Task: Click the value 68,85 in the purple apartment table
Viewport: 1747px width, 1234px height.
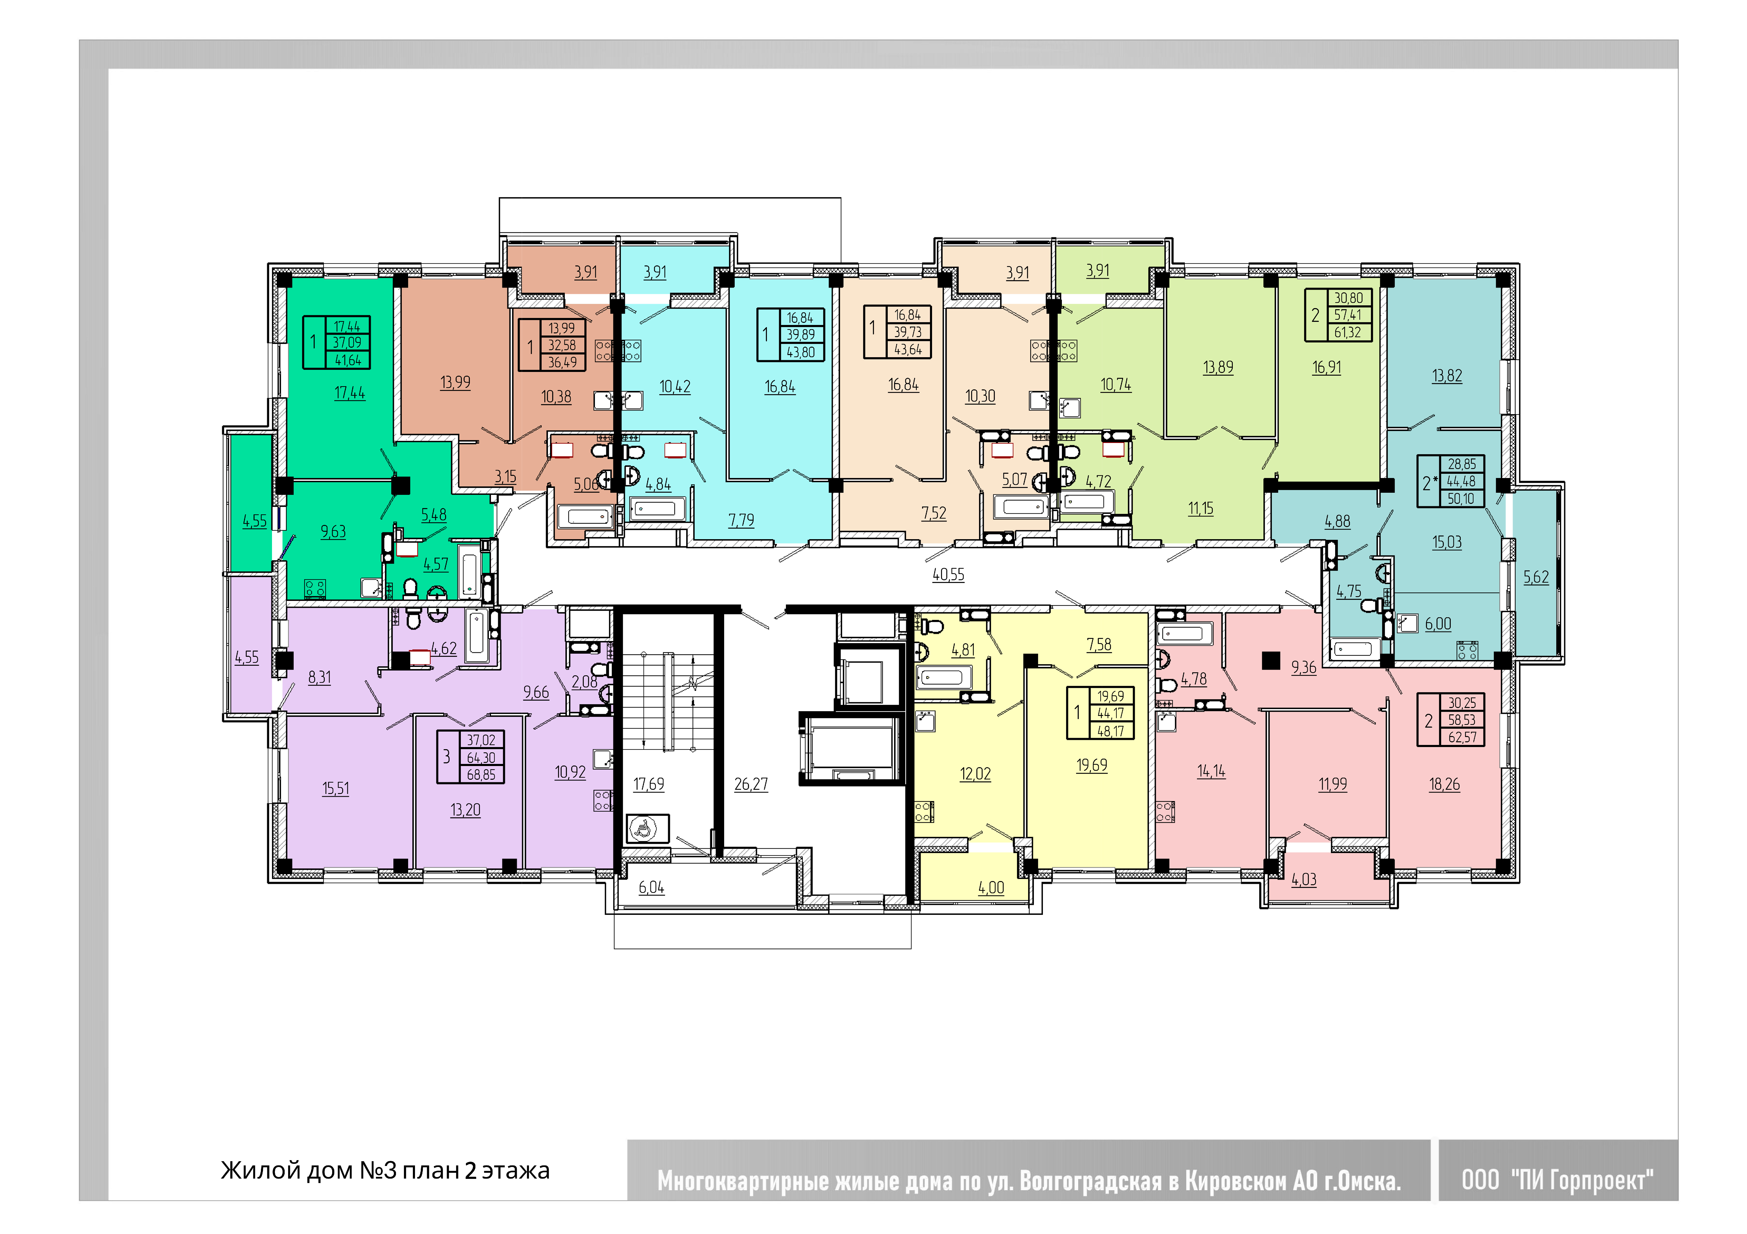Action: tap(481, 774)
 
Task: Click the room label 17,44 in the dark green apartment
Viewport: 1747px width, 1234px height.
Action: tap(349, 393)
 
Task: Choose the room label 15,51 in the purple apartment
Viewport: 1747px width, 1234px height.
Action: tap(336, 788)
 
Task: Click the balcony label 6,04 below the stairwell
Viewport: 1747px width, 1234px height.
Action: tap(651, 887)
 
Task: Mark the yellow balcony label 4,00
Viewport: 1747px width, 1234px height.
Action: tap(991, 887)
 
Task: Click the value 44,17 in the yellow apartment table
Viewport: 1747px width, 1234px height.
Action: tap(1110, 714)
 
